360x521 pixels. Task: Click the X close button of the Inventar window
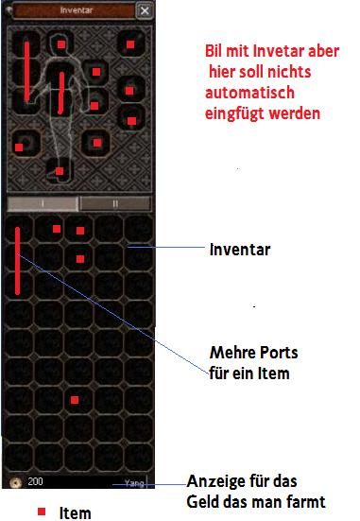coord(145,10)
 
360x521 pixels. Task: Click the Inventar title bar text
coord(77,10)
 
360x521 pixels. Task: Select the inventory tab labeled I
coord(43,203)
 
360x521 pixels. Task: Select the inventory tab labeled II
coord(115,203)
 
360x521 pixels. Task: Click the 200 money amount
coord(35,481)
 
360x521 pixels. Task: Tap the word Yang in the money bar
coord(134,482)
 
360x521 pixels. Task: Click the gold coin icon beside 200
coord(14,482)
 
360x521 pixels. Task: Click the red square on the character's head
coord(61,44)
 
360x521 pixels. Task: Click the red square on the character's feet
coord(60,171)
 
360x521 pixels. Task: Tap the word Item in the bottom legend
coord(75,512)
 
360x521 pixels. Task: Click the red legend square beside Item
coord(42,512)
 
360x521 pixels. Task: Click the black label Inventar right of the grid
coord(240,250)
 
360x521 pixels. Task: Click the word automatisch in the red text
coord(249,93)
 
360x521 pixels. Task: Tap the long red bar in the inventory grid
coord(17,261)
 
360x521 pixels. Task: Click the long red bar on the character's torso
coord(61,93)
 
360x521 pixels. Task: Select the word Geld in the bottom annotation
coord(201,502)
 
